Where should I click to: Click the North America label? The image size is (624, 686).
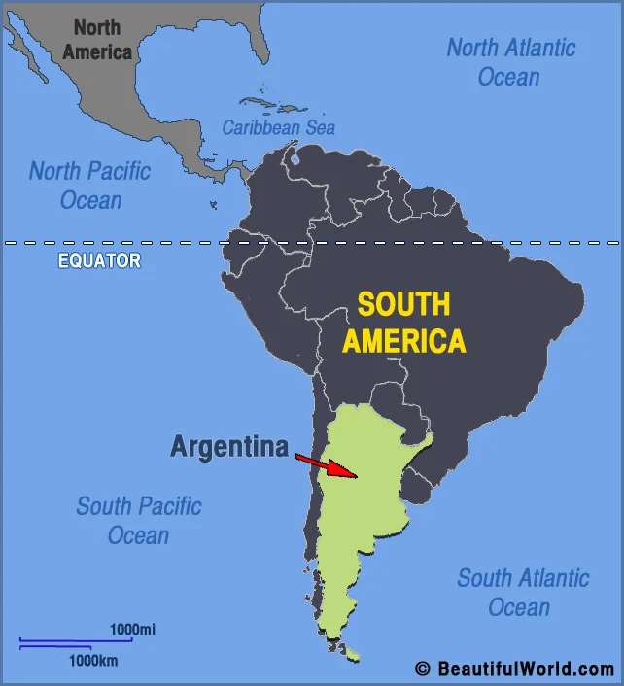point(97,40)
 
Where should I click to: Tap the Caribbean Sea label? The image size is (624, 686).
point(278,127)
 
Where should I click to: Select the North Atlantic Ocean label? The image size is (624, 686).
point(511,61)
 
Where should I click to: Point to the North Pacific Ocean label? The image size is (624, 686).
point(90,186)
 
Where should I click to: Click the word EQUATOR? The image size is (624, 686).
point(99,260)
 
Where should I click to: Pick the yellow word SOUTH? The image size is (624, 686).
point(403,304)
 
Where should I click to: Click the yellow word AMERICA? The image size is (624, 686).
point(403,341)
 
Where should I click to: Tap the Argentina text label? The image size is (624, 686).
point(229,447)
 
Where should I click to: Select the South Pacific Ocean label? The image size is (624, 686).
point(139,521)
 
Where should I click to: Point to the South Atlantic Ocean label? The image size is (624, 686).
point(522,593)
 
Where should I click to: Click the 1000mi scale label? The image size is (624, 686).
point(132,630)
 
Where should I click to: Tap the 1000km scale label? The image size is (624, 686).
point(93,661)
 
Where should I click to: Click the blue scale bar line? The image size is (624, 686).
point(75,641)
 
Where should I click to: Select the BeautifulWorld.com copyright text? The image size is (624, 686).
point(514,669)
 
